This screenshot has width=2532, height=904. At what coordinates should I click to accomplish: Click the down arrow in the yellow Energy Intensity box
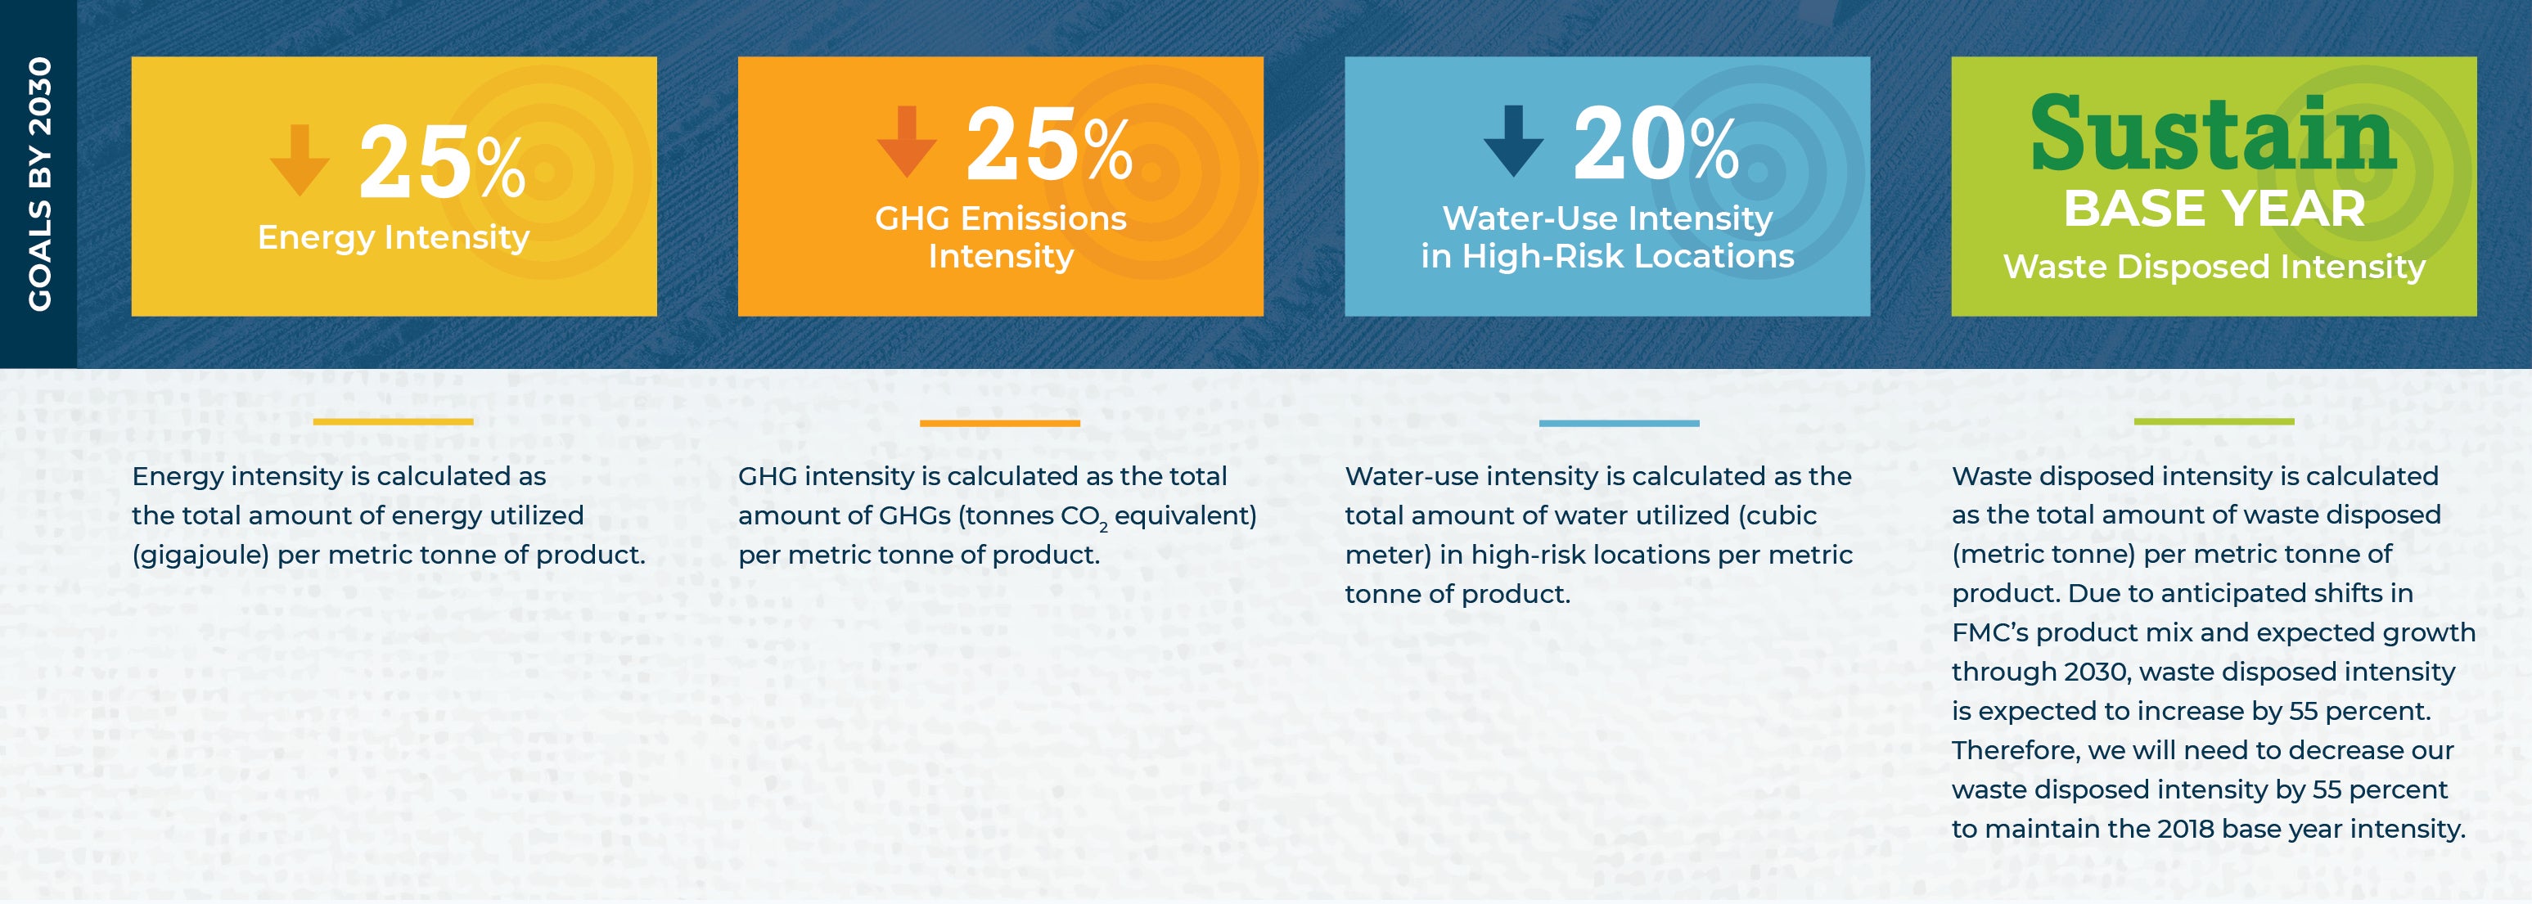300,160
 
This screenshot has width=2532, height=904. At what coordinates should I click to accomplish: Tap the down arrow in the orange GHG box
906,142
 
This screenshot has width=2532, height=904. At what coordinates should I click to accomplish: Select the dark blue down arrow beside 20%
1514,142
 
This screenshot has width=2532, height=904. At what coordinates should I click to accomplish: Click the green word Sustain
2214,133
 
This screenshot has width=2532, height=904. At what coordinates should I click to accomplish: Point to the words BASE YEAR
2214,209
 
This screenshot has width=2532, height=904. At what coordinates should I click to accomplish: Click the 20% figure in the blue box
1656,145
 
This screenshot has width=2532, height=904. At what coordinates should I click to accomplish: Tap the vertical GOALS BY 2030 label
39,184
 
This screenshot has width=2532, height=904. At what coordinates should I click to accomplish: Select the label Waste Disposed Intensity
2214,266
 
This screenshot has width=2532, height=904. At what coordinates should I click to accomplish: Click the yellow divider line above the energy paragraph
393,421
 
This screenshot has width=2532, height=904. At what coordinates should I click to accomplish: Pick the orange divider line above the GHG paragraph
1000,422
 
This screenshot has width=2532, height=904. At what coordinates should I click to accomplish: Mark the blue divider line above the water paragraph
1619,422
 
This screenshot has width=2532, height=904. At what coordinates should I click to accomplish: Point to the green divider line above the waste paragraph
2214,421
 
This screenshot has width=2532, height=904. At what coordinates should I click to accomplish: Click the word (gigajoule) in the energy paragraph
200,555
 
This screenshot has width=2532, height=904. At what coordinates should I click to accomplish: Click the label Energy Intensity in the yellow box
393,238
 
